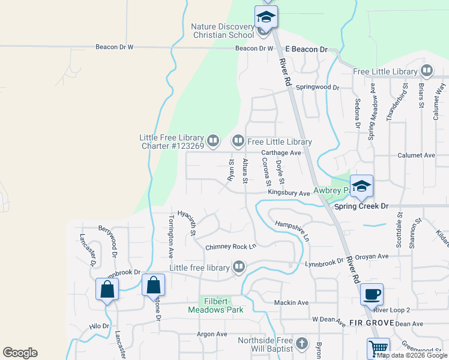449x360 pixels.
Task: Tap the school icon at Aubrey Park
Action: [362, 186]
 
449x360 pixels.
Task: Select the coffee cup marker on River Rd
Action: [372, 294]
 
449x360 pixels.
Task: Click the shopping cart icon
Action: [378, 348]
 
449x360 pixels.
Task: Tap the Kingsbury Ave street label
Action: [289, 193]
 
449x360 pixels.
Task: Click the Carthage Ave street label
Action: [281, 153]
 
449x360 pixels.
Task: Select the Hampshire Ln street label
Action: [292, 230]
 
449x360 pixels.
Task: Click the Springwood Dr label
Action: [318, 88]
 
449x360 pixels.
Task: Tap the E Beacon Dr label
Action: [306, 49]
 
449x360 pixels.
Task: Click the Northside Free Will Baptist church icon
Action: [303, 344]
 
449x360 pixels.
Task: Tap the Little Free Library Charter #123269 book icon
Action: [214, 141]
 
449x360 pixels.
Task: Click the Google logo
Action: [20, 352]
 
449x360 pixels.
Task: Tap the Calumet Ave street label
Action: [417, 155]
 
